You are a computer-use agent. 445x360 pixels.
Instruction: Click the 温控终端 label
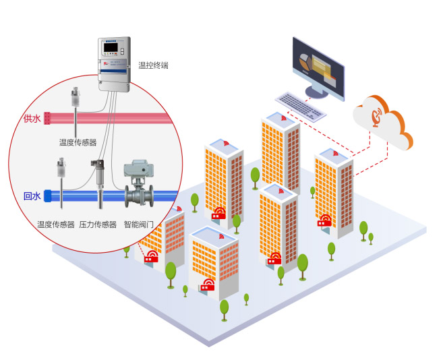pos(153,65)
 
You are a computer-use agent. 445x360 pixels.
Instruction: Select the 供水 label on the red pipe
pos(32,119)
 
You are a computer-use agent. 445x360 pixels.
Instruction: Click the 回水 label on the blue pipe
pos(32,197)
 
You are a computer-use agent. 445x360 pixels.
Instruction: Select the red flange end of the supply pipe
pos(47,118)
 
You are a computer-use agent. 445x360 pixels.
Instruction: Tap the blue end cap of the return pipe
pos(47,196)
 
